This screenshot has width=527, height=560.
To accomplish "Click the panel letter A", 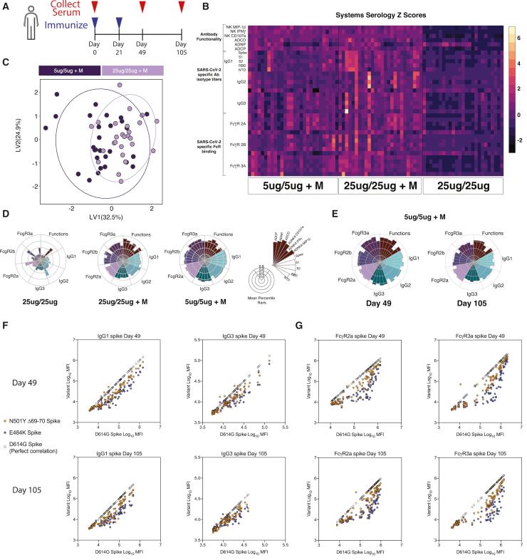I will [x=6, y=6].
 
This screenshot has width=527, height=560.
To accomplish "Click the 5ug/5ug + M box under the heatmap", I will [x=292, y=187].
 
